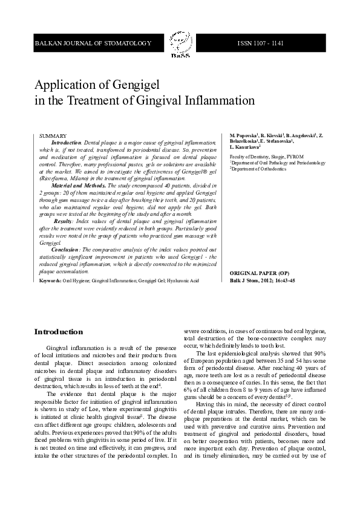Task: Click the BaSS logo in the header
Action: pyautogui.click(x=180, y=45)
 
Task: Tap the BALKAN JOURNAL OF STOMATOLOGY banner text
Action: pyautogui.click(x=93, y=44)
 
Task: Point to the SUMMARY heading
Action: pyautogui.click(x=53, y=137)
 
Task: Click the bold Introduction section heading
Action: pyautogui.click(x=58, y=332)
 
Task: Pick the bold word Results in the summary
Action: pyautogui.click(x=64, y=221)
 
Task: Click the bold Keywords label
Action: pyautogui.click(x=50, y=280)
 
